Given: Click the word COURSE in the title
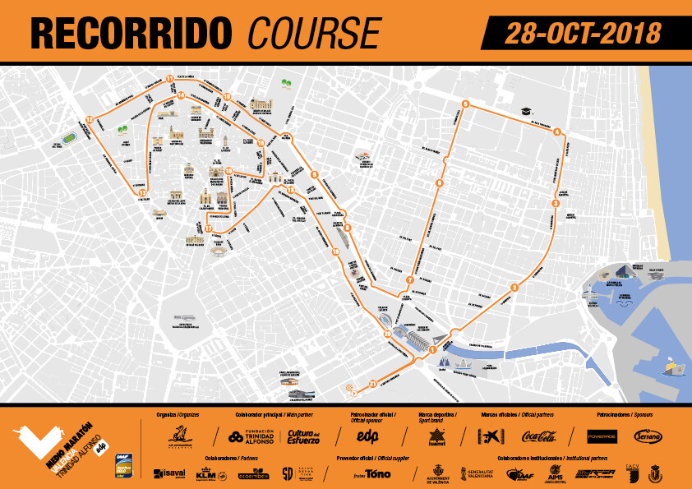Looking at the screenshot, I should click(315, 32).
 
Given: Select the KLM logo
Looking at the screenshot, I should click(205, 473).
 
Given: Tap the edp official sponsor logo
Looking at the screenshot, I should click(356, 436).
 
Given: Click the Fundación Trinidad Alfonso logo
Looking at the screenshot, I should click(250, 436).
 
